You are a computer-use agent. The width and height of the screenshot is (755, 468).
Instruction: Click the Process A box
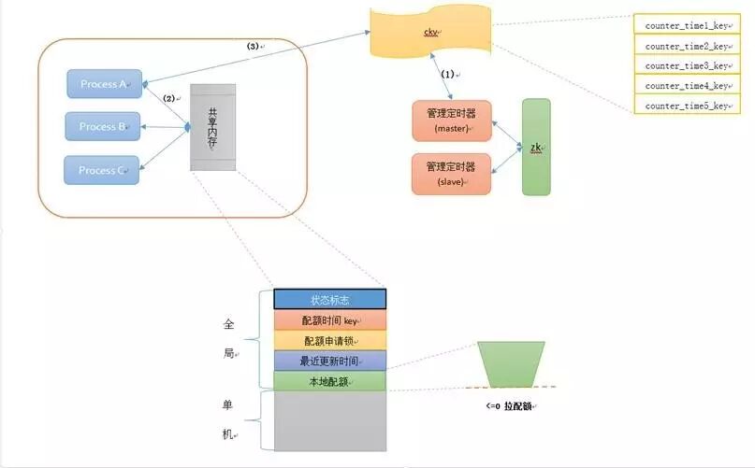pyautogui.click(x=102, y=84)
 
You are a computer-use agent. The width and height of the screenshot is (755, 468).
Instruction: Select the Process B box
pyautogui.click(x=101, y=126)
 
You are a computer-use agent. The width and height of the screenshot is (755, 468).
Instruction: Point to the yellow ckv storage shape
pyautogui.click(x=431, y=34)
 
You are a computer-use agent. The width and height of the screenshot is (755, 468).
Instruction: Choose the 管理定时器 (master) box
pyautogui.click(x=451, y=121)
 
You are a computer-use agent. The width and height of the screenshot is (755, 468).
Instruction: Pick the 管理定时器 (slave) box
pyautogui.click(x=451, y=174)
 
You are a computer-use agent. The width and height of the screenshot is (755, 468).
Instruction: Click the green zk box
pyautogui.click(x=536, y=147)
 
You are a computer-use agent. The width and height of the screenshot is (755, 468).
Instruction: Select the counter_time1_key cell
pyautogui.click(x=687, y=24)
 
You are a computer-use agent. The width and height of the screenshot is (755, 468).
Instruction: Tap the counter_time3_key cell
pyautogui.click(x=687, y=65)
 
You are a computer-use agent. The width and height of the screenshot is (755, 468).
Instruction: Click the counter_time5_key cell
pyautogui.click(x=687, y=106)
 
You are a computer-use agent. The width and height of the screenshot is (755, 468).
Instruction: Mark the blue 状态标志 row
pyautogui.click(x=329, y=300)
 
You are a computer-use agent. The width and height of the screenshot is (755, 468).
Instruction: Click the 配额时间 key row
pyautogui.click(x=329, y=320)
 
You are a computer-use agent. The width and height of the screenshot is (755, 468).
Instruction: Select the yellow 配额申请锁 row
pyautogui.click(x=329, y=341)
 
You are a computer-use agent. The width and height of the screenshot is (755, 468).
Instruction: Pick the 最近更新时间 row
pyautogui.click(x=329, y=361)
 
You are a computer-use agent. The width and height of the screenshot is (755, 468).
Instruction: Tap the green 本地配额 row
pyautogui.click(x=329, y=381)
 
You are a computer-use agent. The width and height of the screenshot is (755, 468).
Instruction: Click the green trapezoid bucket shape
pyautogui.click(x=510, y=363)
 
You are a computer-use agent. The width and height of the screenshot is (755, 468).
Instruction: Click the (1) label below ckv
pyautogui.click(x=448, y=73)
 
